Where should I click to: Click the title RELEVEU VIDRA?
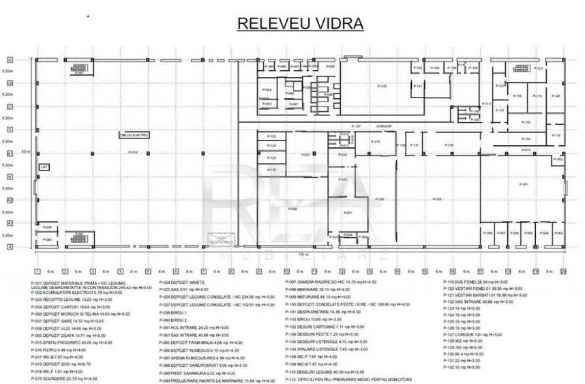click(300, 24)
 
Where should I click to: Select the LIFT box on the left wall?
click(42, 166)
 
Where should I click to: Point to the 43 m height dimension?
click(26, 151)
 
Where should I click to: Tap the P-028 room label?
click(292, 208)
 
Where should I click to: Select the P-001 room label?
click(524, 184)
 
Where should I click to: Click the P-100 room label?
click(382, 87)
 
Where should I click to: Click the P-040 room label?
click(47, 239)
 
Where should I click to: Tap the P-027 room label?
click(306, 154)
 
